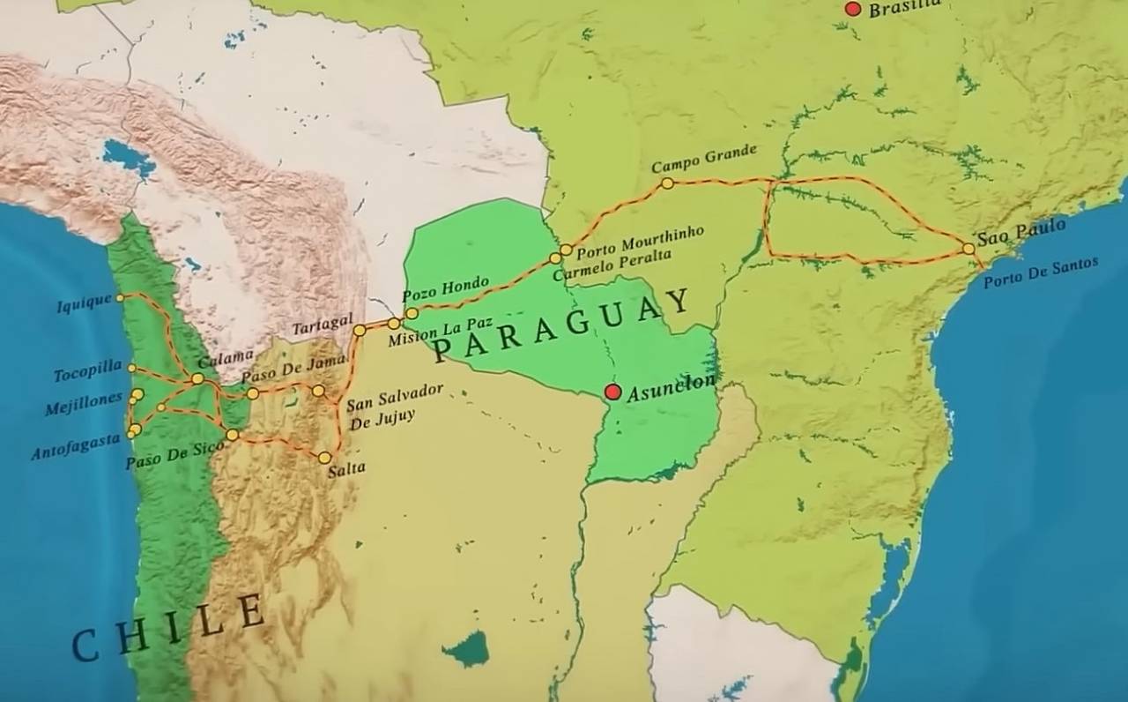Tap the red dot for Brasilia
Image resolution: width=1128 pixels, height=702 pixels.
[852, 9]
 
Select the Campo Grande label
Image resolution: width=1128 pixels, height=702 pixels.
[703, 160]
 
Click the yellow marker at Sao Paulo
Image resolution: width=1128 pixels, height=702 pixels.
[968, 249]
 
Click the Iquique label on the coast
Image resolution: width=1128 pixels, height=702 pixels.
[85, 304]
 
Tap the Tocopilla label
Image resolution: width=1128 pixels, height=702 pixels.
[88, 373]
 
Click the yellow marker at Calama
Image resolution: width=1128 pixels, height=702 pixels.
[197, 379]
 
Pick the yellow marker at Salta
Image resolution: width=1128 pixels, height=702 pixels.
[324, 458]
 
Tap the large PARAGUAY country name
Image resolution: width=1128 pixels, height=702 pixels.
[562, 325]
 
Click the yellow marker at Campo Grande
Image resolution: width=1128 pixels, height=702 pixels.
[667, 183]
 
